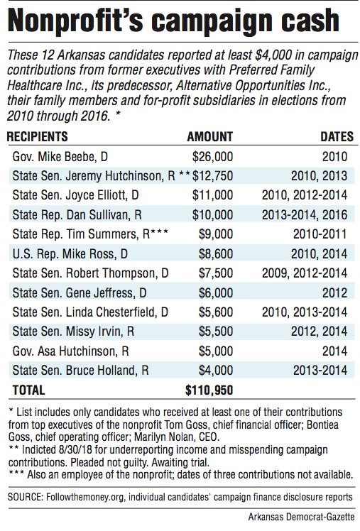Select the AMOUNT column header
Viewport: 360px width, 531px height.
point(210,136)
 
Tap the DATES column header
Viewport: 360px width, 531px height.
point(337,136)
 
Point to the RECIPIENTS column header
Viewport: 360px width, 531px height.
point(37,136)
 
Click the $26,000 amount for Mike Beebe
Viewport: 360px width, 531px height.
point(213,156)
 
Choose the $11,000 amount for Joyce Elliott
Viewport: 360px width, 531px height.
point(213,195)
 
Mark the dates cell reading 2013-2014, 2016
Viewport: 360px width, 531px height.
point(305,214)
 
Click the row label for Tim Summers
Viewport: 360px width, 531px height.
point(90,234)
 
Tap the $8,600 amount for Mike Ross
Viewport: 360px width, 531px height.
point(216,253)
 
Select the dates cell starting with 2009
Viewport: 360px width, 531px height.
point(305,273)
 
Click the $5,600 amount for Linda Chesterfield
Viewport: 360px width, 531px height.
point(216,312)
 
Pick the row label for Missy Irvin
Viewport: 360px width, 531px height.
point(73,332)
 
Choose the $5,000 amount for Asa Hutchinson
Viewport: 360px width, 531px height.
point(216,351)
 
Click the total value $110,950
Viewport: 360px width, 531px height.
point(209,390)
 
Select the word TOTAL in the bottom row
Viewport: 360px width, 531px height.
point(29,390)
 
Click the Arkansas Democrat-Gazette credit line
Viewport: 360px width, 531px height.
point(301,517)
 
